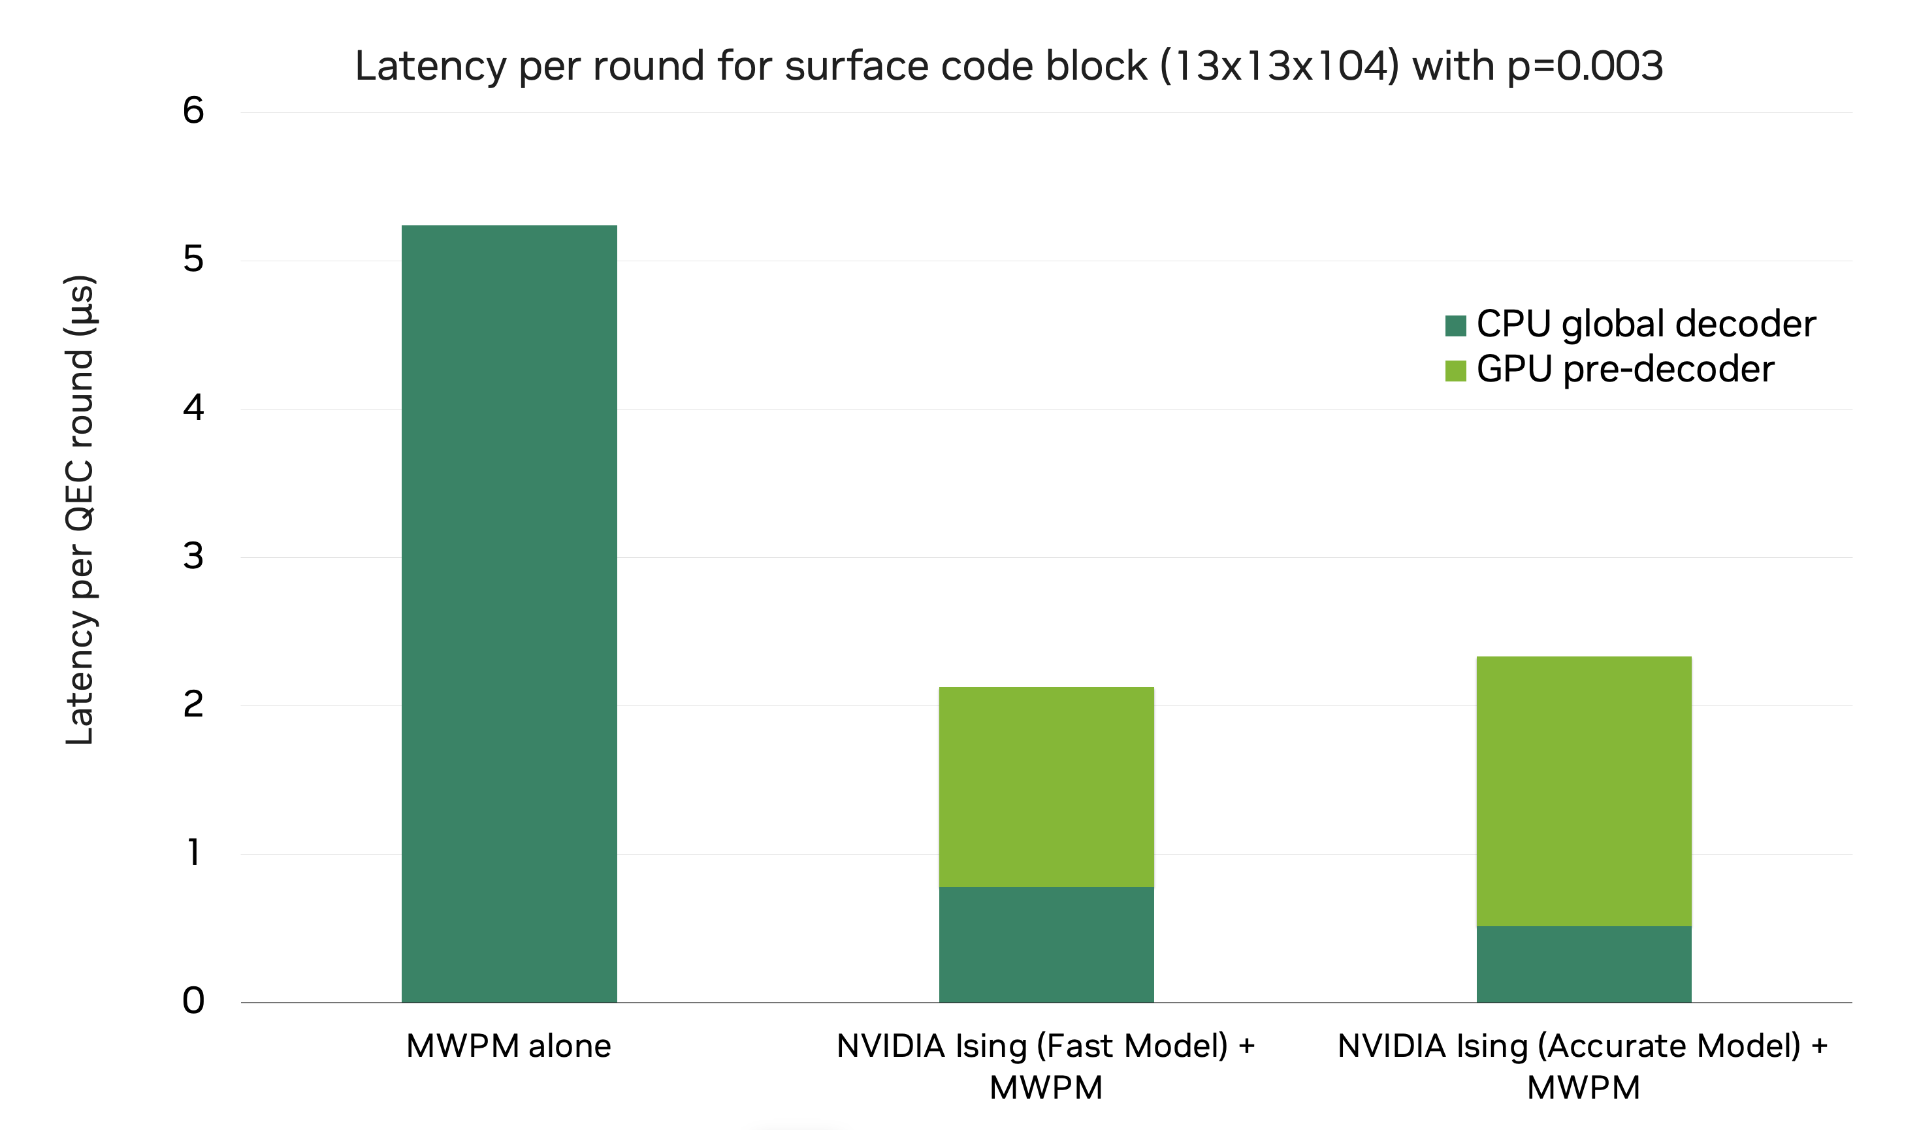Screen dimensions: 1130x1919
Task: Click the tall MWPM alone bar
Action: (509, 613)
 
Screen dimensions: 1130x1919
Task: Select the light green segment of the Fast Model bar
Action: (1046, 786)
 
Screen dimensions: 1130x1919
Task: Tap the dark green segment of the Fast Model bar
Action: (1046, 944)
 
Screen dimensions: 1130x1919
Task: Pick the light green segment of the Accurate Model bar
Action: (1583, 790)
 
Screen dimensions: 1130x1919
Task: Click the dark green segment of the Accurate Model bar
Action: (1583, 964)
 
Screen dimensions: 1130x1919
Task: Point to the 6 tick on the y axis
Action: (193, 111)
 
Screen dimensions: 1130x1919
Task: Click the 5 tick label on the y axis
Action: (193, 260)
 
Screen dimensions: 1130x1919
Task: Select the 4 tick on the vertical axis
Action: (193, 408)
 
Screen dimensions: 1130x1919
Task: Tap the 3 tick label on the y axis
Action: (193, 557)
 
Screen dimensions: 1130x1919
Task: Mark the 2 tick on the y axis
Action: (193, 704)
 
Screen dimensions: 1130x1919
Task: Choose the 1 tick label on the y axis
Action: (193, 853)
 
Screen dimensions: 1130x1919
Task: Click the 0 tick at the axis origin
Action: (193, 1001)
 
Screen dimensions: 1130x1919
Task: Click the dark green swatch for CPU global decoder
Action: (1455, 326)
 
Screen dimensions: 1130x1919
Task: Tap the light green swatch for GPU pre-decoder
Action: (1455, 371)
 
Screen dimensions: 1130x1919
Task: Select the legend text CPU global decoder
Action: (1645, 325)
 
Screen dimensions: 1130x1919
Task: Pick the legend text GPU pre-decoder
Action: (1624, 369)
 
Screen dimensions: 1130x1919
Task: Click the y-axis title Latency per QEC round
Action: (79, 510)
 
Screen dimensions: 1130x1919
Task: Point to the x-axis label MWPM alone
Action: (509, 1046)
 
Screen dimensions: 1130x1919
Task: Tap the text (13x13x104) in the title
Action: (1280, 66)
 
